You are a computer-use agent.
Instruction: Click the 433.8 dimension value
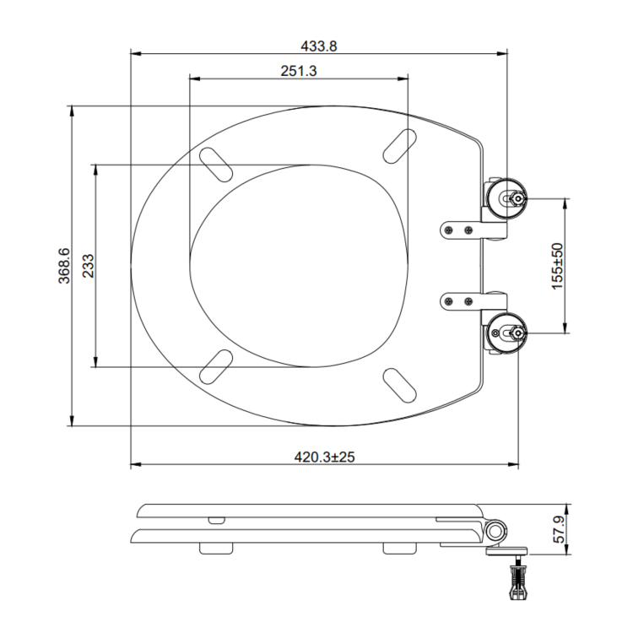pos(318,46)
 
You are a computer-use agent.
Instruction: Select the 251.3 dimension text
pos(299,71)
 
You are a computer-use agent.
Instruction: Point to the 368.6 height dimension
pos(64,266)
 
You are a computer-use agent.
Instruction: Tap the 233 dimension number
pos(88,266)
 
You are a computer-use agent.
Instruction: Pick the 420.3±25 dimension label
pos(324,457)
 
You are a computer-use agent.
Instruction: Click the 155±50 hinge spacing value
pos(557,266)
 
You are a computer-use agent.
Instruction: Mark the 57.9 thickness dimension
pos(559,529)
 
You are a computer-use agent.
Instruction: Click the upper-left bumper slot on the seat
pos(216,164)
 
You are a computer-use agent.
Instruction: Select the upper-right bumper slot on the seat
pos(400,146)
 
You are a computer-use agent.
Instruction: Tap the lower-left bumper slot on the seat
pos(216,366)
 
